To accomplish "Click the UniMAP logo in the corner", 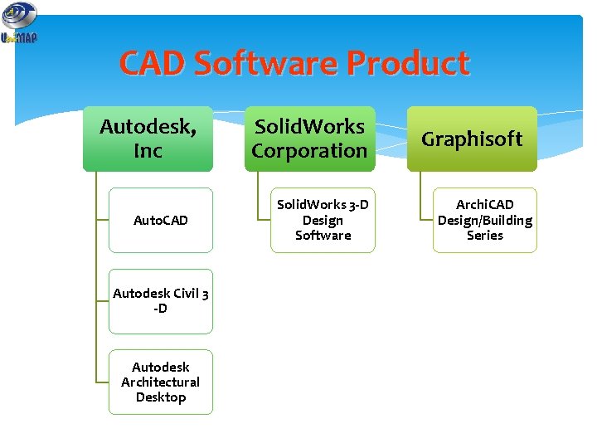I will pyautogui.click(x=19, y=22).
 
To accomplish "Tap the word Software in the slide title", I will pyautogui.click(x=266, y=64).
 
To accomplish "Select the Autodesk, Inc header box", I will pyautogui.click(x=148, y=139).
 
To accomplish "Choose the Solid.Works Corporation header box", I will pyautogui.click(x=309, y=139).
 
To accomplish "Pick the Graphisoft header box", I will pyautogui.click(x=472, y=139).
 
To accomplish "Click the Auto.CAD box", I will pyautogui.click(x=161, y=220).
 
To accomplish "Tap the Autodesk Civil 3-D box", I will pyautogui.click(x=161, y=300).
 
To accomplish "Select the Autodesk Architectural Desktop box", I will pyautogui.click(x=161, y=382).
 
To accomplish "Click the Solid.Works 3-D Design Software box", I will pyautogui.click(x=323, y=220).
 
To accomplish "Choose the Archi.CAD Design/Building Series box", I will pyautogui.click(x=485, y=220).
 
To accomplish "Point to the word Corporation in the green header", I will pyautogui.click(x=309, y=151).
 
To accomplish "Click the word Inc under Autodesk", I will pyautogui.click(x=148, y=151).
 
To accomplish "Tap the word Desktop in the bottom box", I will pyautogui.click(x=161, y=397).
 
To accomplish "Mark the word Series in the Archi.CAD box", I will pyautogui.click(x=485, y=236).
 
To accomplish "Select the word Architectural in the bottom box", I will pyautogui.click(x=161, y=382).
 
